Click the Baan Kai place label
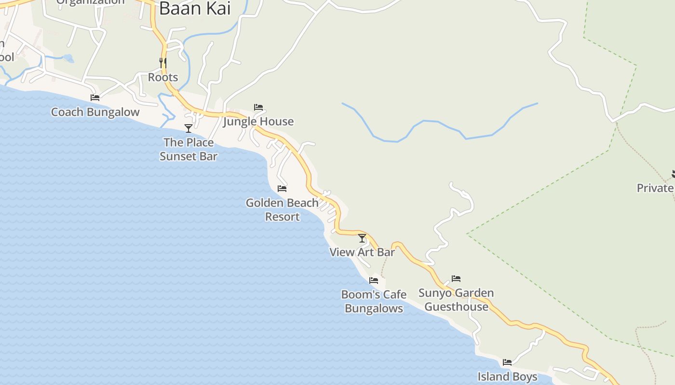click(195, 8)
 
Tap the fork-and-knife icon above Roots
click(163, 63)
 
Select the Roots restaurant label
click(163, 77)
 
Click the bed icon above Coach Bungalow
click(95, 97)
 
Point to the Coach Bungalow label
click(95, 112)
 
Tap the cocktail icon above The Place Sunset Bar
click(189, 128)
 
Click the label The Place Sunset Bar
click(189, 149)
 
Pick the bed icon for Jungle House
click(258, 107)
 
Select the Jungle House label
click(258, 121)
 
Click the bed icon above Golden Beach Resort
click(282, 188)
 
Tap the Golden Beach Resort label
click(282, 210)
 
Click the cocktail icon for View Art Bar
click(362, 238)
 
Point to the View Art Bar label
click(362, 252)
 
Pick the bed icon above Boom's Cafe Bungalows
click(374, 280)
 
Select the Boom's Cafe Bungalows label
click(374, 301)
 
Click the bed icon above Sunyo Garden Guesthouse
click(456, 278)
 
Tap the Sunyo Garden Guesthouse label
click(456, 299)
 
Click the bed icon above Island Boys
click(507, 362)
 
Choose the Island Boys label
click(507, 376)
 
